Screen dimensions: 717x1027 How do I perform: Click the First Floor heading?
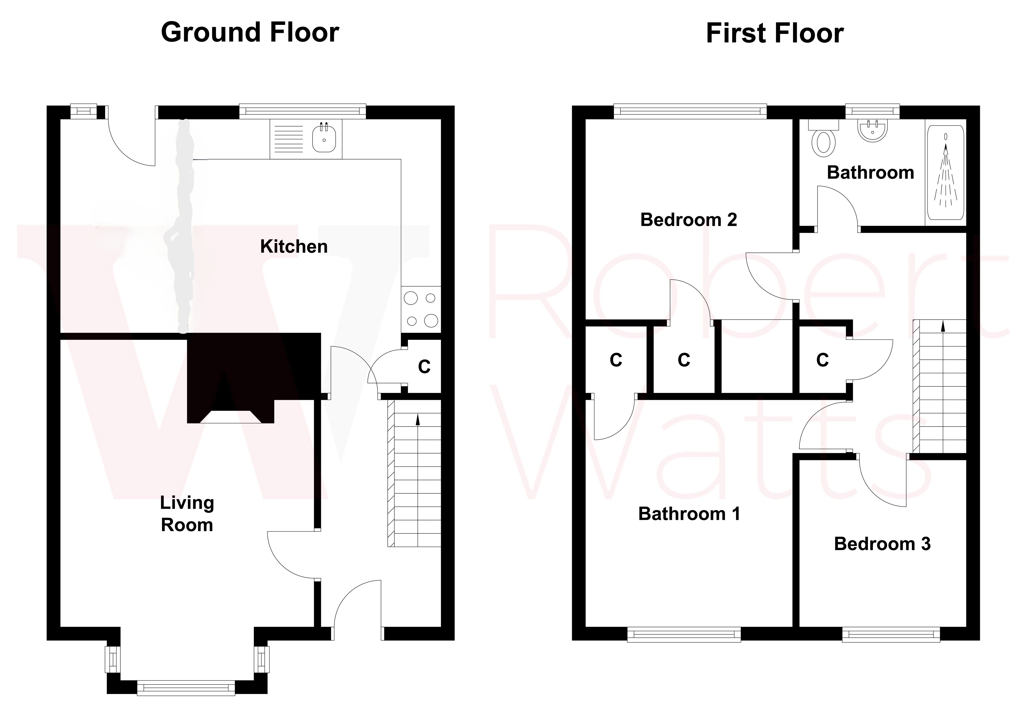[x=775, y=33]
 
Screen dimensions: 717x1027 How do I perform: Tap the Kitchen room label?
[x=294, y=246]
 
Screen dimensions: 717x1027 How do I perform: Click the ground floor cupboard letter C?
[x=424, y=367]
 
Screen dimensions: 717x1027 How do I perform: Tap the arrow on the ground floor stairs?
[x=418, y=420]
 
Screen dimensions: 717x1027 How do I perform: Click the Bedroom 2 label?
[x=688, y=220]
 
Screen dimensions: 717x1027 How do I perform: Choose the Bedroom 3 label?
[x=882, y=544]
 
